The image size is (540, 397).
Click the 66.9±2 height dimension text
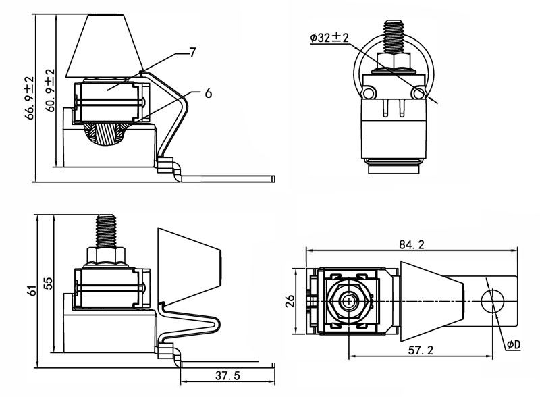pyautogui.click(x=30, y=98)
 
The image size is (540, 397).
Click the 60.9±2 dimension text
pyautogui.click(x=50, y=90)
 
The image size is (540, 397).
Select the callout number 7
pyautogui.click(x=192, y=53)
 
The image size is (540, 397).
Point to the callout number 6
pyautogui.click(x=208, y=92)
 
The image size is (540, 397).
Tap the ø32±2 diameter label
pyautogui.click(x=329, y=38)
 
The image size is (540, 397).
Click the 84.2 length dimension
pyautogui.click(x=412, y=244)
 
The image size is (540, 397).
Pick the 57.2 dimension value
pyautogui.click(x=421, y=350)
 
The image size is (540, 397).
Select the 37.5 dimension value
pyautogui.click(x=227, y=375)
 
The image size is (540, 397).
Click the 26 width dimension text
pyautogui.click(x=290, y=301)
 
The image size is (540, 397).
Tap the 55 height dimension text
pyautogui.click(x=49, y=283)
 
